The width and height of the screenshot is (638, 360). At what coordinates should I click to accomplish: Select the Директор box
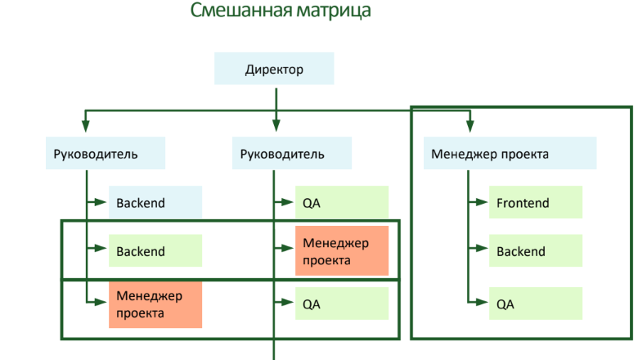pyautogui.click(x=274, y=70)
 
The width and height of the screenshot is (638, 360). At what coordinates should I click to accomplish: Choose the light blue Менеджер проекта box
pyautogui.click(x=509, y=154)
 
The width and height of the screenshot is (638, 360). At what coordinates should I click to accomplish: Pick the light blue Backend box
pyautogui.click(x=155, y=203)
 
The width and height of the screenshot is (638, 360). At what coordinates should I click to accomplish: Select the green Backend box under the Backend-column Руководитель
pyautogui.click(x=155, y=251)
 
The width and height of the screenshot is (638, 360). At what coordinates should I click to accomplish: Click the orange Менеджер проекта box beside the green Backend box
pyautogui.click(x=341, y=252)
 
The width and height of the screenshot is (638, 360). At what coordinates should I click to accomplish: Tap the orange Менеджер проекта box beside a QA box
pyautogui.click(x=155, y=304)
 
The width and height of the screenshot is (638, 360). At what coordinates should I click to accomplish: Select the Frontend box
pyautogui.click(x=535, y=203)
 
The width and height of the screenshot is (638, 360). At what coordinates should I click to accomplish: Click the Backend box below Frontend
pyautogui.click(x=535, y=251)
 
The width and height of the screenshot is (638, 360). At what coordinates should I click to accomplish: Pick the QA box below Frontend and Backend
pyautogui.click(x=535, y=304)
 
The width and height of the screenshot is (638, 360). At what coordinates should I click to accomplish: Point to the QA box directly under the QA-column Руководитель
pyautogui.click(x=341, y=203)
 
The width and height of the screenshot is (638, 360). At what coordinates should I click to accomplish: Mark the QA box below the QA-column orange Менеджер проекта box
pyautogui.click(x=341, y=304)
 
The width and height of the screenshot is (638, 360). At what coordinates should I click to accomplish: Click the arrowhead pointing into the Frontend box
pyautogui.click(x=483, y=203)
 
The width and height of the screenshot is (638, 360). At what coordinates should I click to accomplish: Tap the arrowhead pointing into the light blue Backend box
pyautogui.click(x=103, y=203)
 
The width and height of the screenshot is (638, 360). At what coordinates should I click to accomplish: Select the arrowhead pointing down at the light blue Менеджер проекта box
pyautogui.click(x=470, y=125)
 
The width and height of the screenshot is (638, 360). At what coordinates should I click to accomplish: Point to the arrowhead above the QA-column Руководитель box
pyautogui.click(x=276, y=125)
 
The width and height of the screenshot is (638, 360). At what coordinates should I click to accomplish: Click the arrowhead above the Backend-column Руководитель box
pyautogui.click(x=86, y=125)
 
